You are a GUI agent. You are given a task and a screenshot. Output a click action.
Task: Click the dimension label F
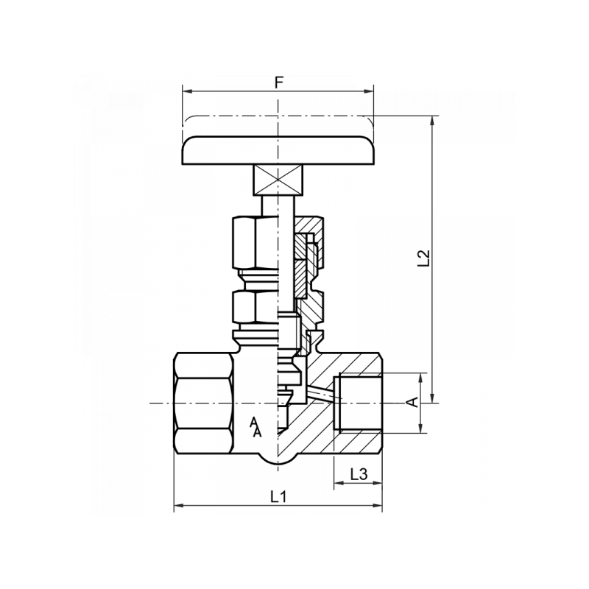click(278, 82)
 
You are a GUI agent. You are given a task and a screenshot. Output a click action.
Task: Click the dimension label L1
click(278, 497)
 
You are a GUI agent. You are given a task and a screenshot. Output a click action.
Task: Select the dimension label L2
click(423, 258)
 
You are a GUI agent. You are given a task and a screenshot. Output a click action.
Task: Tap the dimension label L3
click(359, 475)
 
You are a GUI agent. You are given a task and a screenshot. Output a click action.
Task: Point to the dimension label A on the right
click(413, 403)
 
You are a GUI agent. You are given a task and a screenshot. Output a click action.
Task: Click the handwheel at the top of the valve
click(278, 150)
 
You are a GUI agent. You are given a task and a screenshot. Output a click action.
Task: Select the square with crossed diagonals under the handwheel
click(278, 180)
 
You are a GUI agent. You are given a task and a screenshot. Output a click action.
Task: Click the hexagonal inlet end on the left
click(203, 403)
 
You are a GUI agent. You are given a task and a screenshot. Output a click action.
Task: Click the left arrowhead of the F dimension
click(186, 92)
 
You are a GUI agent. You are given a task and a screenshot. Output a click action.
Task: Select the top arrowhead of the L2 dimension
click(432, 121)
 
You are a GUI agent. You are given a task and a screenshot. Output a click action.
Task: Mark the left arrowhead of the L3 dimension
click(338, 484)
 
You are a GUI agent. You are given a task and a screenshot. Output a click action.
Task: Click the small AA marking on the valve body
click(255, 428)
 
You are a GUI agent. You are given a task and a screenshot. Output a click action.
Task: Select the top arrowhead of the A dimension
click(422, 378)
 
